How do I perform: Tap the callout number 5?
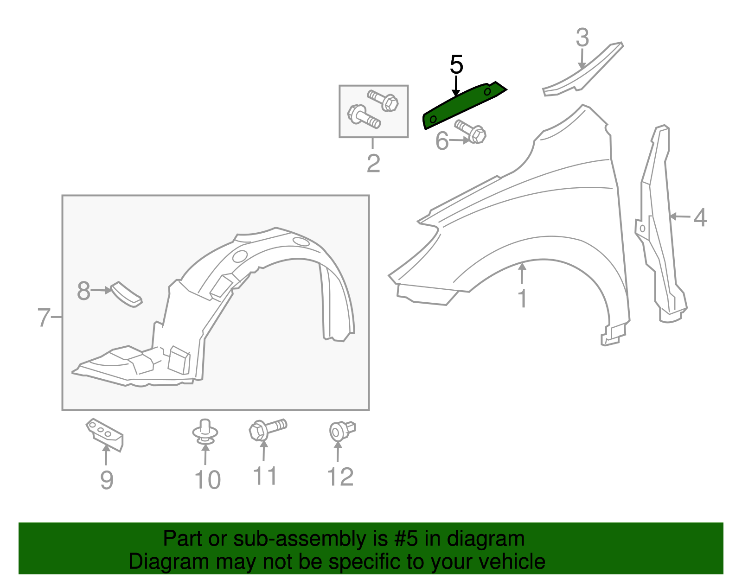click(x=456, y=64)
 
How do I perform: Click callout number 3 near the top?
click(x=582, y=38)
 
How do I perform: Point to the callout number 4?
click(x=700, y=217)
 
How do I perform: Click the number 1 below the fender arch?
click(x=522, y=299)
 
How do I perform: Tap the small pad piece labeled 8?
click(x=127, y=294)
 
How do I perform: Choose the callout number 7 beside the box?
click(x=44, y=318)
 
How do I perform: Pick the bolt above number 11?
click(x=267, y=428)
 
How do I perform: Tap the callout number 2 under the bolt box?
click(x=373, y=163)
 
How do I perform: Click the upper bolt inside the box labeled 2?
click(x=384, y=100)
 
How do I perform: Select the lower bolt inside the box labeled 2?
click(x=364, y=116)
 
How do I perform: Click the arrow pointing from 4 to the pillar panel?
click(x=679, y=216)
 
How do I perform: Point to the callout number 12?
click(x=340, y=477)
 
